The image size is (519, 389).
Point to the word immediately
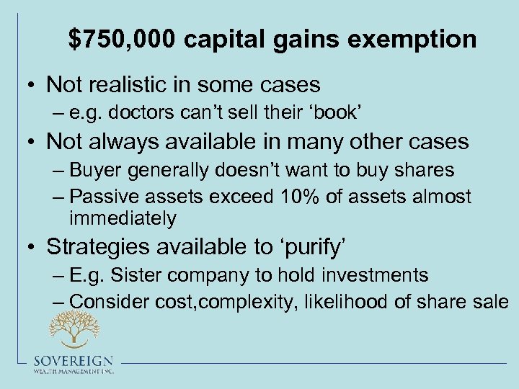tap(123, 218)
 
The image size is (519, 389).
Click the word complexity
tap(237, 302)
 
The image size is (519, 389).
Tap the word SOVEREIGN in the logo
tap(72, 360)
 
